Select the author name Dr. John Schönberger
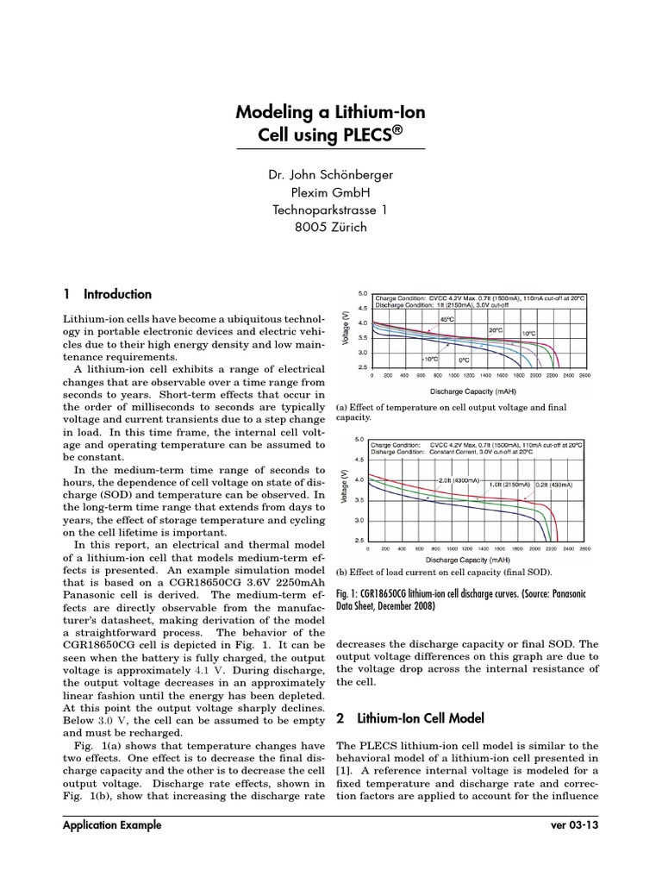point(330,175)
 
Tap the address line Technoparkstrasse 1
point(330,210)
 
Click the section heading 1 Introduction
point(108,294)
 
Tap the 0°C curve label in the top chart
point(464,360)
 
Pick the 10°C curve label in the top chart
point(528,333)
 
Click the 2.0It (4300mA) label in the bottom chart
point(458,479)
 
